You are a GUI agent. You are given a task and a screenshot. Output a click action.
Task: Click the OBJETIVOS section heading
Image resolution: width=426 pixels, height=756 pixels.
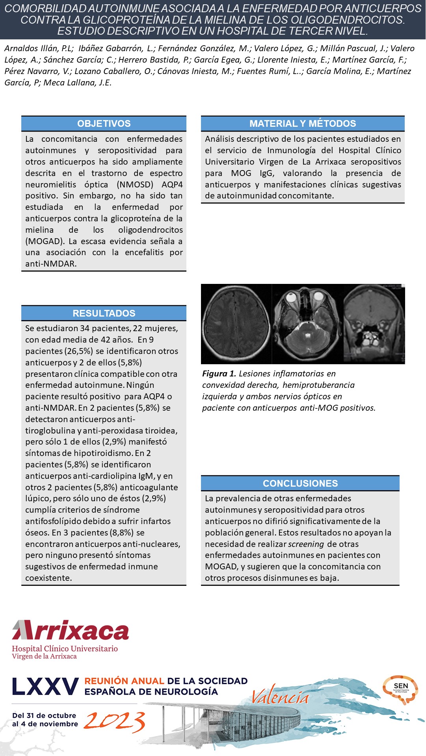pyautogui.click(x=104, y=124)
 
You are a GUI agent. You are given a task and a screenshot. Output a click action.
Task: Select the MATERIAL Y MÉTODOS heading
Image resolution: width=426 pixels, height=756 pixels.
pyautogui.click(x=303, y=124)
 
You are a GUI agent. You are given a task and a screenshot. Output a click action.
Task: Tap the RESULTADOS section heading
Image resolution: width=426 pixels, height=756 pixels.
pyautogui.click(x=104, y=313)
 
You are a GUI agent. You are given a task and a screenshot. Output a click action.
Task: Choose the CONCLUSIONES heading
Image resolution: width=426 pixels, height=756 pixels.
pyautogui.click(x=300, y=484)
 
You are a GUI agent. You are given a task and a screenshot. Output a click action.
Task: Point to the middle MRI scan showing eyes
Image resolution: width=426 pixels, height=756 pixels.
pyautogui.click(x=308, y=324)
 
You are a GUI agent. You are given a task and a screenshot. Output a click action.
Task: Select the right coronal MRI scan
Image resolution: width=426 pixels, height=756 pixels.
pyautogui.click(x=374, y=324)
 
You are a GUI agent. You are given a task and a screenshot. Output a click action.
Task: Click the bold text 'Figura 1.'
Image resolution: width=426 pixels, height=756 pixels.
pyautogui.click(x=219, y=374)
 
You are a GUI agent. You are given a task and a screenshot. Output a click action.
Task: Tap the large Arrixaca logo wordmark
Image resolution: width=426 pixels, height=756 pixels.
pyautogui.click(x=71, y=630)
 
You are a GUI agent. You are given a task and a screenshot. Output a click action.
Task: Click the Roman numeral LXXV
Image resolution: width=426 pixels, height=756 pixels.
pyautogui.click(x=45, y=687)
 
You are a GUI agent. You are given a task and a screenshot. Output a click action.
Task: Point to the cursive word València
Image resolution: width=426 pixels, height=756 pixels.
pyautogui.click(x=280, y=698)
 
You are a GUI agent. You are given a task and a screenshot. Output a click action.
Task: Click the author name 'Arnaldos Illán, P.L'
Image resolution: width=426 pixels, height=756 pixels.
pyautogui.click(x=39, y=48)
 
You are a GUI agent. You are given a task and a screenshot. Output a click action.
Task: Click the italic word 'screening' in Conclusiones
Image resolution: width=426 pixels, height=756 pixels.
pyautogui.click(x=306, y=544)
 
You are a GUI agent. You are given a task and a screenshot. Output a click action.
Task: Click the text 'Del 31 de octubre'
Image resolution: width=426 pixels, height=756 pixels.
pyautogui.click(x=44, y=715)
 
